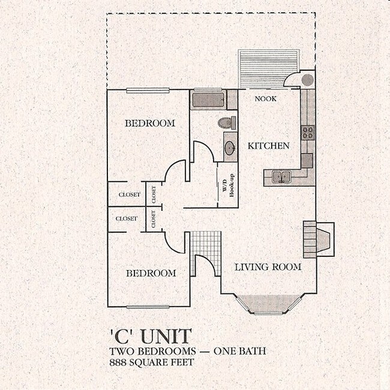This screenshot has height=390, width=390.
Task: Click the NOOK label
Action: pyautogui.click(x=265, y=98)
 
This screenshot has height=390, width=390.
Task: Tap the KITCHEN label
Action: pyautogui.click(x=269, y=146)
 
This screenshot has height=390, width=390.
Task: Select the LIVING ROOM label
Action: pyautogui.click(x=268, y=267)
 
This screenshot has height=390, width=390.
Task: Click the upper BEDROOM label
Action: pyautogui.click(x=150, y=124)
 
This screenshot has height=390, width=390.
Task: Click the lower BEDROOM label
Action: pyautogui.click(x=151, y=273)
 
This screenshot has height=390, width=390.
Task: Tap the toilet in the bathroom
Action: pyautogui.click(x=226, y=124)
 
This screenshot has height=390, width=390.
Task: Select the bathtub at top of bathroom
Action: pyautogui.click(x=208, y=99)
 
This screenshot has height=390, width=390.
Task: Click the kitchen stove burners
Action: pyautogui.click(x=308, y=133)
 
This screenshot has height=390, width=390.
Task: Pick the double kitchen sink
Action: pyautogui.click(x=281, y=176)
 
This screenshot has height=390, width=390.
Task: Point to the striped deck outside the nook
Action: pyautogui.click(x=268, y=69)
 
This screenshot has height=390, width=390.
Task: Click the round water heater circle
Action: pyautogui.click(x=307, y=79)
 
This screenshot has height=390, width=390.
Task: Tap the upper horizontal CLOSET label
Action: pyautogui.click(x=129, y=195)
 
